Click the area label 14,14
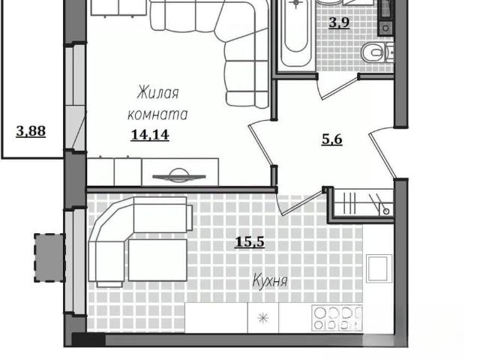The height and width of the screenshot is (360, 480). pyautogui.click(x=150, y=135)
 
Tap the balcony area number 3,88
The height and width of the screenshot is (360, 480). pyautogui.click(x=31, y=131)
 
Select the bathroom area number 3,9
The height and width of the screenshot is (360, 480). pyautogui.click(x=339, y=22)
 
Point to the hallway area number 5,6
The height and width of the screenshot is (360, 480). pyautogui.click(x=332, y=139)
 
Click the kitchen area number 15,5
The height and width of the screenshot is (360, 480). pyautogui.click(x=250, y=242)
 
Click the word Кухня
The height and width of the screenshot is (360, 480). pyautogui.click(x=270, y=281)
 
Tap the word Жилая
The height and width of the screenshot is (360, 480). pyautogui.click(x=157, y=93)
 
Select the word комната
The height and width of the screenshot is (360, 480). pyautogui.click(x=157, y=115)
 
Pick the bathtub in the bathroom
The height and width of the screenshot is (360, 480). pyautogui.click(x=295, y=33)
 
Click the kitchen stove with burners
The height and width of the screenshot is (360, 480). pyautogui.click(x=337, y=318)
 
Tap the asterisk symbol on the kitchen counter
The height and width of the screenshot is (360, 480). pyautogui.click(x=263, y=318)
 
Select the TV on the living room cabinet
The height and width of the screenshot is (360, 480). pyautogui.click(x=179, y=175)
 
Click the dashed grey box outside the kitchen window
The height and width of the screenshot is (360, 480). pyautogui.click(x=49, y=258)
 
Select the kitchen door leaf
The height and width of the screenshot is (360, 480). pyautogui.click(x=301, y=202)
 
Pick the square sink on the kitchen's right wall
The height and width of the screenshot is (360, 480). pyautogui.click(x=379, y=268)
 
